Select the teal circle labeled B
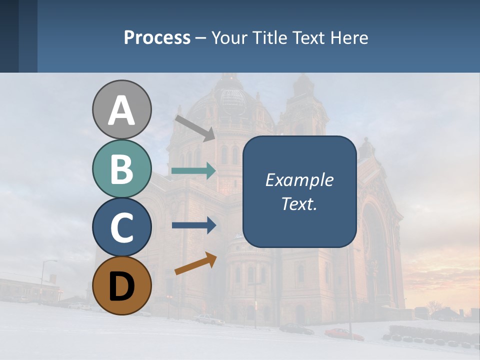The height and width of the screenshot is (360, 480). coord(121,169)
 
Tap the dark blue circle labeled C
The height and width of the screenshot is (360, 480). coord(121,227)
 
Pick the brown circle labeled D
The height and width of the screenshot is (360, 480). coord(121,286)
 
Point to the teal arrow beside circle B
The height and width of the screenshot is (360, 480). coord(193,171)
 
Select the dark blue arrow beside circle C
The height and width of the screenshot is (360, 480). coord(193,225)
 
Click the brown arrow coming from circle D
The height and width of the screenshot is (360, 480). coord(195,263)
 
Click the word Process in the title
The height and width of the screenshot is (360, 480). coord(157,37)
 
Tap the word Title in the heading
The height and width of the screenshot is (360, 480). coord(269,37)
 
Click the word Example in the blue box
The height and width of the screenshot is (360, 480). coord(299,180)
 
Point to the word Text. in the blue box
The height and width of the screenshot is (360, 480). coord(299,204)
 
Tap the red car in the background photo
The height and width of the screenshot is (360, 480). coord(344,333)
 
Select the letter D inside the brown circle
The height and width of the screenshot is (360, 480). coord(121,287)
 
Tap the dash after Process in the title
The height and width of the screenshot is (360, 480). coord(201,38)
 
